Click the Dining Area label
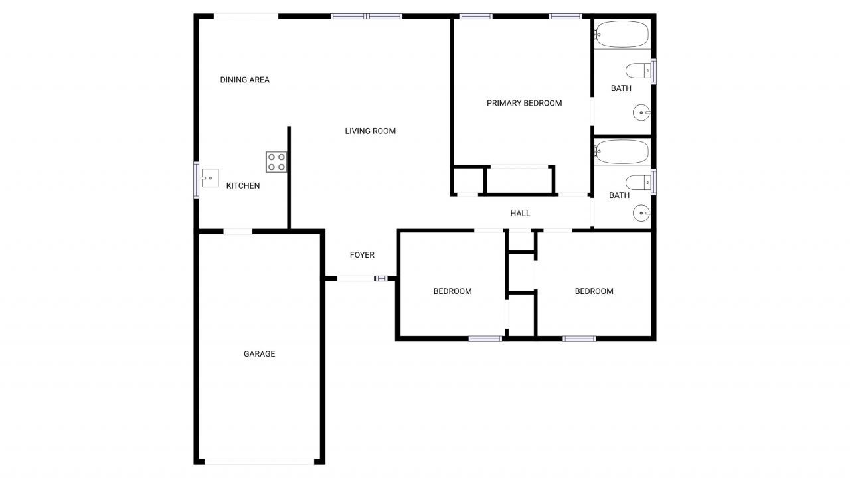pos(244,80)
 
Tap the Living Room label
pos(370,131)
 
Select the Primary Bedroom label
pos(524,103)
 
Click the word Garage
pos(259,354)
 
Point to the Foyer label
pos(362,255)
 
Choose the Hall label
pos(520,213)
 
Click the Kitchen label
pos(243,185)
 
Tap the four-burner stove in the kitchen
pos(276,162)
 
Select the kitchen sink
pos(210,177)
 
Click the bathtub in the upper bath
pos(622,34)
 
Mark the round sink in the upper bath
pos(642,113)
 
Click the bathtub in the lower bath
pos(622,152)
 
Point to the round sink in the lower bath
pos(642,213)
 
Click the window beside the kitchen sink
pos(196,180)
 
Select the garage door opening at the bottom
pos(259,461)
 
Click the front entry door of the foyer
pos(356,278)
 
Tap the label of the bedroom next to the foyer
pos(452,291)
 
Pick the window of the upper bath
pos(653,72)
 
